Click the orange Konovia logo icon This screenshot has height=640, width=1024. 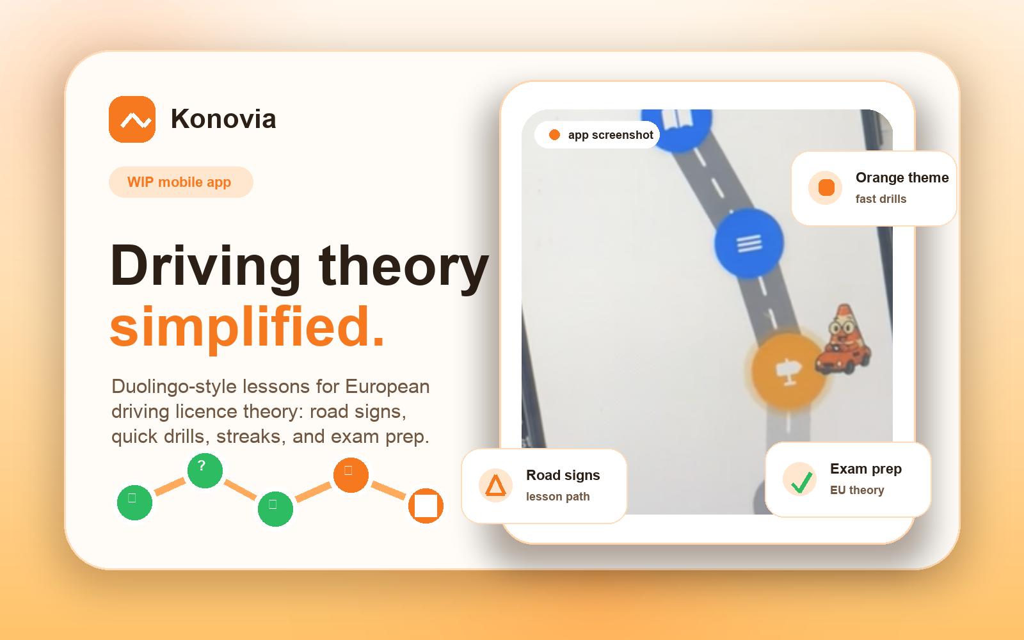coord(132,119)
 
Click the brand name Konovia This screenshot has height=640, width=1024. coord(223,119)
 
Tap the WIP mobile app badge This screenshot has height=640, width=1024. coord(180,182)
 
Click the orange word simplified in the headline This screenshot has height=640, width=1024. coord(247,327)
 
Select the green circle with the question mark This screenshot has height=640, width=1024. coord(205,470)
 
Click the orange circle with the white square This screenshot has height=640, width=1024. coord(426,506)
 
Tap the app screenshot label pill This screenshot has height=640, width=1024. coord(597,135)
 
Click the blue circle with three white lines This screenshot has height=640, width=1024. coord(749,243)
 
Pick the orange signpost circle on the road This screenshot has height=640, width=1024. coord(788,371)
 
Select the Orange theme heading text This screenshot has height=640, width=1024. coord(902,178)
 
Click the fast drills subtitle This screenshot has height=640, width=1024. coord(881,199)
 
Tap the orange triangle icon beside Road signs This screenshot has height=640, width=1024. coord(495,485)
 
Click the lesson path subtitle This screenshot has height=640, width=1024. coord(557,497)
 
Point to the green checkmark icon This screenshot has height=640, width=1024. coord(800,480)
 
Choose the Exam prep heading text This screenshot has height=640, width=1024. coord(865,469)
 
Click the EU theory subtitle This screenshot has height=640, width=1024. coord(857,490)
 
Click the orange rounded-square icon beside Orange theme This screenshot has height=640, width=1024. coord(826,188)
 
